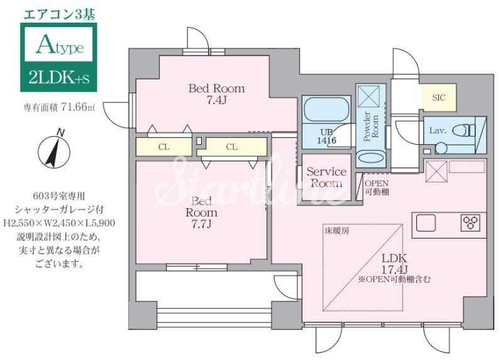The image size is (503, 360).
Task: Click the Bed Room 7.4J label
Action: coord(216,94)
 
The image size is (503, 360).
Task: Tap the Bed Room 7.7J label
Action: coord(201,213)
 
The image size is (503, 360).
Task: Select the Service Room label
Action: coord(326,177)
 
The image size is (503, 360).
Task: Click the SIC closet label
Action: coord(438,98)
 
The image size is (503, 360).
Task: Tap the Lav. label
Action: coord(438,130)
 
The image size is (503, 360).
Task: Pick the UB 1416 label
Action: coord(326,138)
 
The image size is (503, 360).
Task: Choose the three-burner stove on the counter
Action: coord(470,221)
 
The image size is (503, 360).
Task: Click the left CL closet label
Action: coord(163,147)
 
